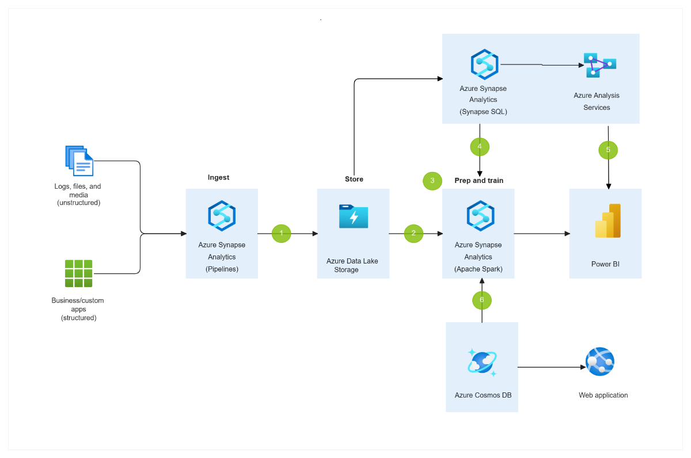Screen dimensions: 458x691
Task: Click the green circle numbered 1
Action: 282,233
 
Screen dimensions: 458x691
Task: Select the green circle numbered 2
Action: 413,233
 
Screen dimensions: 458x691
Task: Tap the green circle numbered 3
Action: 432,181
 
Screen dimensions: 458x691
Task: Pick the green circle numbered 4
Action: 480,147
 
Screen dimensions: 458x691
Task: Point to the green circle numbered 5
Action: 608,150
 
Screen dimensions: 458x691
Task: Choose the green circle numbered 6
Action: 482,300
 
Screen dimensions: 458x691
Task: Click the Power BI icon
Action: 608,221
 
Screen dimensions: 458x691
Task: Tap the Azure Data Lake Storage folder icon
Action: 354,216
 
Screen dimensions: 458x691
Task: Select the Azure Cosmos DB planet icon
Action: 482,362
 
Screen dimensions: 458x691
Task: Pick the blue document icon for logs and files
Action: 79,161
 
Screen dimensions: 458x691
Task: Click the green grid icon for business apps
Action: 79,273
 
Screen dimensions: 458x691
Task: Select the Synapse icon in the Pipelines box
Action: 222,216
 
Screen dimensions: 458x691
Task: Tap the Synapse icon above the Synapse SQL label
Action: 484,64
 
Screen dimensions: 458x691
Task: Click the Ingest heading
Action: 219,178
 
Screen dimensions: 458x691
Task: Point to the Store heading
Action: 354,180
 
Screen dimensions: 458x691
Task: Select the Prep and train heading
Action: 479,181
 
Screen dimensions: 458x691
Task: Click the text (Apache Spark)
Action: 478,269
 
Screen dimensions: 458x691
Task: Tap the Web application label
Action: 603,395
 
